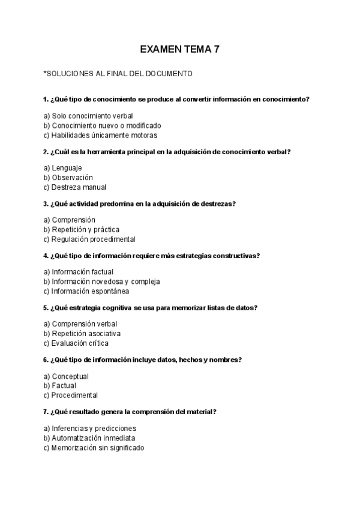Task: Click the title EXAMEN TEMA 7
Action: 179,49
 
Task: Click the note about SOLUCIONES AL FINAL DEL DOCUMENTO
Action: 118,74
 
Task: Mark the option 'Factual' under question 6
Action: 59,386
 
